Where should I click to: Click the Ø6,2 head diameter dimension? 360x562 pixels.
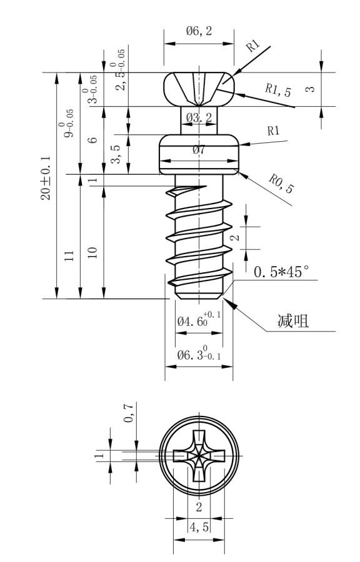[x=199, y=31]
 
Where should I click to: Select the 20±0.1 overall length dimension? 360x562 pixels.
[x=46, y=178]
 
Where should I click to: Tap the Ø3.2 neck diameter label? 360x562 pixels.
[x=199, y=117]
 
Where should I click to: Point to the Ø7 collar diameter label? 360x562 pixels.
[x=199, y=149]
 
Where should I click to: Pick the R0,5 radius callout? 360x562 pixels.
[x=281, y=184]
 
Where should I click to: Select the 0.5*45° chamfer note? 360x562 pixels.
[x=281, y=272]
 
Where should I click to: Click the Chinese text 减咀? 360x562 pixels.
[x=293, y=321]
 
